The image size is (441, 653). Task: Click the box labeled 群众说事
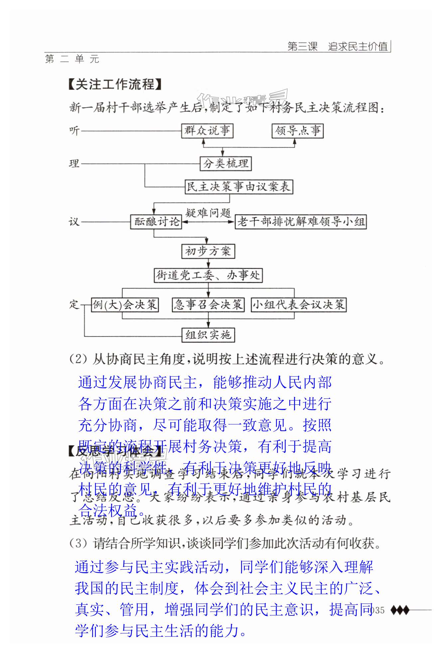coord(207,131)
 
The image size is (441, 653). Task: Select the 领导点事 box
coord(298,131)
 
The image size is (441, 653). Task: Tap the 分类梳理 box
coord(225,163)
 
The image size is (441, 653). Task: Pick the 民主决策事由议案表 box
coord(239,186)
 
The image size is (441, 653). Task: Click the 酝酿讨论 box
coord(156,222)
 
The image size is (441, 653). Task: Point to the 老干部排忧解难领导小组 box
coord(301,222)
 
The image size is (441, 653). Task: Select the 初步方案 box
coord(208,251)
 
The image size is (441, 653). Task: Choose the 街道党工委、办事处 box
coord(208,275)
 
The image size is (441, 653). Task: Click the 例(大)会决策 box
coord(125,304)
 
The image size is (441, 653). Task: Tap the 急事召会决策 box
coord(208,304)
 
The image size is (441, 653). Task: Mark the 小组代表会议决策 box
coord(298,304)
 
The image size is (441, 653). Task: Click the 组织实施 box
coord(208,335)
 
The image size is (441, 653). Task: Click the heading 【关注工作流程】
coord(115,84)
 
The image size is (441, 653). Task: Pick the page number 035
coord(377,610)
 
